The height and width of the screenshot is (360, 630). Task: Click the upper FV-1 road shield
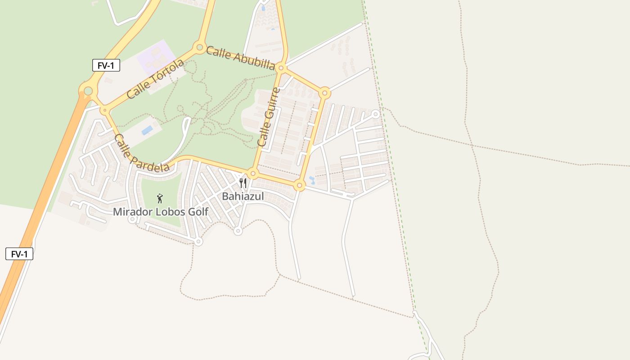tap(106, 65)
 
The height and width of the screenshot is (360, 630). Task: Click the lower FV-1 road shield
tap(19, 254)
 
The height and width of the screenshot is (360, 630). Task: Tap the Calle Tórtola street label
tap(155, 79)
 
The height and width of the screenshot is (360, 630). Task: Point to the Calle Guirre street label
tap(269, 117)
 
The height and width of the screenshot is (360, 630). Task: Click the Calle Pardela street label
tap(142, 153)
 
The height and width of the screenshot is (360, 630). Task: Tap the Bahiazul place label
tap(243, 196)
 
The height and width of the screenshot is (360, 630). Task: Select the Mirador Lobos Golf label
tap(161, 211)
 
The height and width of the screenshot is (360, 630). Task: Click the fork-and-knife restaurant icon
tap(243, 183)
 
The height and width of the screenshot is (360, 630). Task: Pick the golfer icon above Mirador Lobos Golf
tap(160, 198)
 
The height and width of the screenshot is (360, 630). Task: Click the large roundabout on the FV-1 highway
tap(88, 91)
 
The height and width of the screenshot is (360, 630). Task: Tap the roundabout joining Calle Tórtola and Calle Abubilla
tap(199, 47)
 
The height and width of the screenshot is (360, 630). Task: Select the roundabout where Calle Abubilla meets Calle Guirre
tap(281, 68)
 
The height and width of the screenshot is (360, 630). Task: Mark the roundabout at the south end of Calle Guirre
tap(253, 174)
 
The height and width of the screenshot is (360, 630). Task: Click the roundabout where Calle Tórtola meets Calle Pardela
tap(105, 110)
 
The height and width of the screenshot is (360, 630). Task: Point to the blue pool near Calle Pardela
tap(147, 130)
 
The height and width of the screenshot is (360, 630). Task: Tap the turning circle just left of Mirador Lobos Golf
tap(132, 219)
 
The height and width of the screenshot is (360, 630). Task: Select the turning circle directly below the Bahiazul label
tap(238, 231)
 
